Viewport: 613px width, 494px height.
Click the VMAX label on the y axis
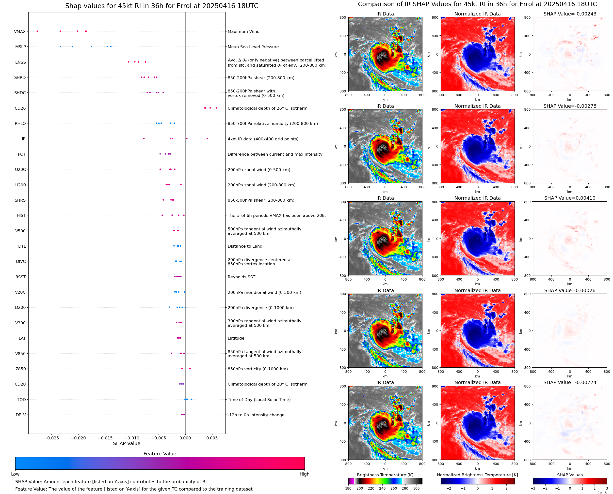point(20,31)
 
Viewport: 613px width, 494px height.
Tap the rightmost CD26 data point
point(216,108)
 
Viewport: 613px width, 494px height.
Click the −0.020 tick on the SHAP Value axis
point(78,438)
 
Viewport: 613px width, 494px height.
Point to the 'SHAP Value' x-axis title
point(127,443)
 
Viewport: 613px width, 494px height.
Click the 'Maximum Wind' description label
point(243,31)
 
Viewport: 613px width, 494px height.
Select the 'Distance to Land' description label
point(245,246)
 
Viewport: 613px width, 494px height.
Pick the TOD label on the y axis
point(21,400)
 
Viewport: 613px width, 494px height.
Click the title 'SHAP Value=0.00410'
point(570,198)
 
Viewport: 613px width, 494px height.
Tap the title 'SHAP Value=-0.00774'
point(570,382)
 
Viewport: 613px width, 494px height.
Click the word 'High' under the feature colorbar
point(304,474)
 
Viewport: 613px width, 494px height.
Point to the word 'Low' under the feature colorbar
point(15,474)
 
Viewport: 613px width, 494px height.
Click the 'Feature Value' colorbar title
point(160,454)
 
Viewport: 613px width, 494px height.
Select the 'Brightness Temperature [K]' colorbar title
point(385,475)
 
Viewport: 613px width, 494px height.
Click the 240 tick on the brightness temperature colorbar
point(382,488)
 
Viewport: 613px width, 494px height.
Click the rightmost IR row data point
point(207,139)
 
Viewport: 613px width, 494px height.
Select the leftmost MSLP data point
point(60,46)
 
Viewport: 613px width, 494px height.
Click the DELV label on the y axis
point(20,415)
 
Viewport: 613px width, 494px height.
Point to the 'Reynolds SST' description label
point(241,277)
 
